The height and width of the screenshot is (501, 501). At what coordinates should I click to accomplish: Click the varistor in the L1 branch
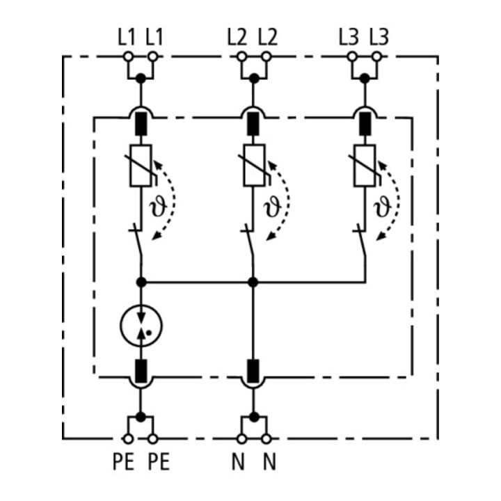141,165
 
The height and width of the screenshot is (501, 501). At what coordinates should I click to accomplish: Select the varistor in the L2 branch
254,165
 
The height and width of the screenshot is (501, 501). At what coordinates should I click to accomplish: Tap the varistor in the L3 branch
365,165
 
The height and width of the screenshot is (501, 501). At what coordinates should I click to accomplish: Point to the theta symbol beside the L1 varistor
158,205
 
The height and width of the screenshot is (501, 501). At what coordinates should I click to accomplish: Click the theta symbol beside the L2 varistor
272,205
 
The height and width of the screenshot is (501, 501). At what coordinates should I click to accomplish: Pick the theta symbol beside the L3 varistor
383,205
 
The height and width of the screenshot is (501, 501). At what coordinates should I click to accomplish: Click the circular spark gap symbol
141,326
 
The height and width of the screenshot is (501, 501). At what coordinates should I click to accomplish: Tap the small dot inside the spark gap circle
149,333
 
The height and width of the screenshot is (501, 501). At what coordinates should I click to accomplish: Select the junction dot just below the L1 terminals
141,78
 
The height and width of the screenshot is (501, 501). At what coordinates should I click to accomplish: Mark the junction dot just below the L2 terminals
254,78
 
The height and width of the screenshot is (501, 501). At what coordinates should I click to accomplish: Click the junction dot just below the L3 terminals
365,78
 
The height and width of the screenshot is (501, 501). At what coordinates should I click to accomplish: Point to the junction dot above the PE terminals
141,417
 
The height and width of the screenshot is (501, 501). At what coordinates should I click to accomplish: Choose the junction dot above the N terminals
254,417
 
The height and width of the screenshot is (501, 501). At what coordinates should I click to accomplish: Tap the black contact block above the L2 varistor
253,124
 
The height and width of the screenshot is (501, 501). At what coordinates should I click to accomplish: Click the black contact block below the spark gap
141,371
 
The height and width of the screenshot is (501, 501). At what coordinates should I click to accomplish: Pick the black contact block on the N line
253,371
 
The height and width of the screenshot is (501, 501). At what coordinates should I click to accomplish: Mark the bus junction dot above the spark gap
141,282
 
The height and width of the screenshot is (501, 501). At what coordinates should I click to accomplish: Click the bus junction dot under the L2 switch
253,282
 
